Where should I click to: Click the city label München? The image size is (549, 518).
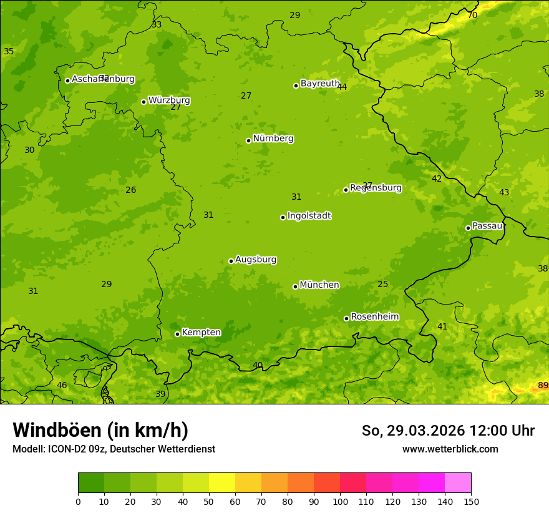(319, 285)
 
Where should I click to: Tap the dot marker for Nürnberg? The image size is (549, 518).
(248, 140)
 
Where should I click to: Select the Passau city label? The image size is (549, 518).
(487, 226)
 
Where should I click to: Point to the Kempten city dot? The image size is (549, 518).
(177, 334)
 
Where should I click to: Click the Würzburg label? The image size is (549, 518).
(169, 100)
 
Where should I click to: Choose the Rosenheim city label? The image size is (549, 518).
(374, 317)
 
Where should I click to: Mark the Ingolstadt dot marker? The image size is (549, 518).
(283, 217)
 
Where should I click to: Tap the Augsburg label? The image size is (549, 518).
(256, 260)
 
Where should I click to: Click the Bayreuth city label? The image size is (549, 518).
(320, 84)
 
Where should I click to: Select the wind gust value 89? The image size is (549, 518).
(543, 386)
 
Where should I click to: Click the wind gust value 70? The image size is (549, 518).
(472, 15)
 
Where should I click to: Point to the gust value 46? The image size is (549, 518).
(62, 386)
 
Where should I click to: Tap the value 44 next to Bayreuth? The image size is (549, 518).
(342, 87)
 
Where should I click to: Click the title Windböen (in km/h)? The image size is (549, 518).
(100, 430)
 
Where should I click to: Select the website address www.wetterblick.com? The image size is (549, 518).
(450, 449)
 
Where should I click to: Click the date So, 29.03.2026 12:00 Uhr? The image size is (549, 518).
(448, 431)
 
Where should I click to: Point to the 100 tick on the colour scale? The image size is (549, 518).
(340, 501)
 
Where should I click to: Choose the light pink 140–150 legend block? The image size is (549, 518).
(458, 483)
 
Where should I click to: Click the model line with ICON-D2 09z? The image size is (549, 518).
(114, 449)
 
